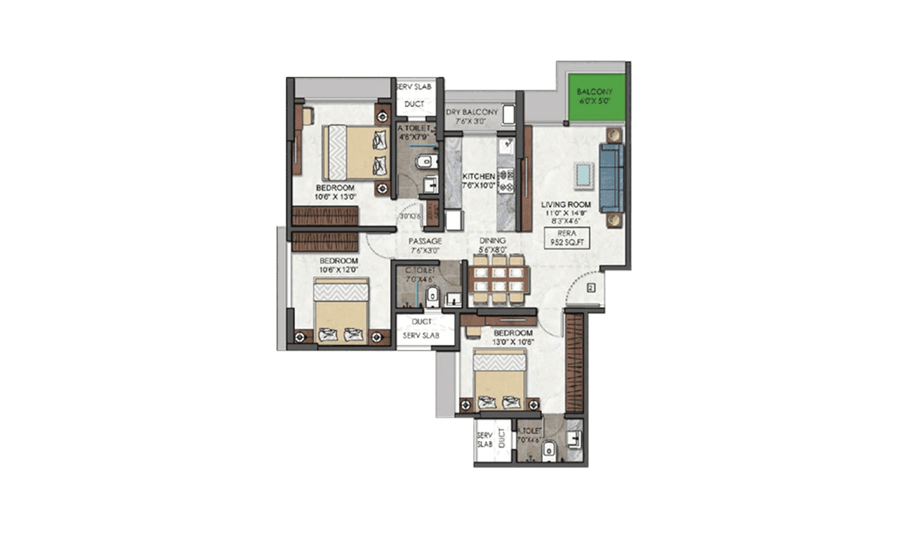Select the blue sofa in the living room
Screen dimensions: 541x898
[x=611, y=178]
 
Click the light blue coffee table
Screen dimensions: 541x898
[x=585, y=175]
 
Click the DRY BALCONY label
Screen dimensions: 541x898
[x=473, y=113]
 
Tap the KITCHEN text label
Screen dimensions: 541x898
[x=479, y=176]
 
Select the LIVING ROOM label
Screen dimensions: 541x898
[x=567, y=205]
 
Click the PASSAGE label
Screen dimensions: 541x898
[x=425, y=241]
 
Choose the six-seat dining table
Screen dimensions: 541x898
[x=498, y=278]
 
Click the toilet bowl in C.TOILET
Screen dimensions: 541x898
[x=432, y=297]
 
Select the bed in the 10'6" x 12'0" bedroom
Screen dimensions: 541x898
[x=341, y=311]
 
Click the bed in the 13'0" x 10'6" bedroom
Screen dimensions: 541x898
[x=499, y=380]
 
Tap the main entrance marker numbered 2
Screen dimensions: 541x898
[x=591, y=288]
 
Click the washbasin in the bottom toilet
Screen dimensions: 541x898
[x=575, y=435]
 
